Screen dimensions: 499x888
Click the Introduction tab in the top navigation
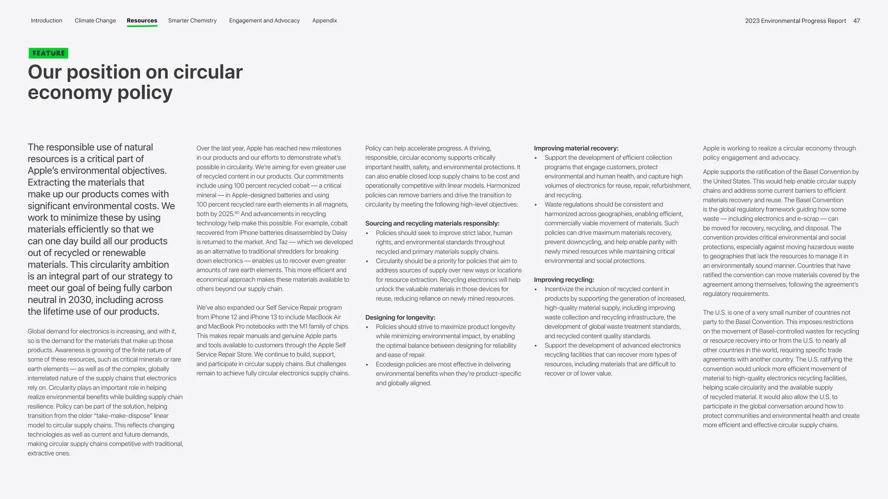tap(46, 21)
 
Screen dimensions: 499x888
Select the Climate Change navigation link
tap(95, 21)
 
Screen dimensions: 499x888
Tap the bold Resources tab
tap(142, 21)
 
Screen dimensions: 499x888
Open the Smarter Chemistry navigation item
tap(192, 21)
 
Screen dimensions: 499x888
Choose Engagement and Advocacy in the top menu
tap(264, 21)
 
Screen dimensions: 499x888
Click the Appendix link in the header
tap(324, 21)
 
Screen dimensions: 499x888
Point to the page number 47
tap(856, 21)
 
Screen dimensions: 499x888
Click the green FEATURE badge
tap(49, 53)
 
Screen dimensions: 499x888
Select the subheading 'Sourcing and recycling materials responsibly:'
tap(432, 224)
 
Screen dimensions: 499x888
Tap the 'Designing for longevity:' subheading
tap(400, 318)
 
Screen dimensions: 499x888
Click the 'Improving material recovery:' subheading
tap(576, 148)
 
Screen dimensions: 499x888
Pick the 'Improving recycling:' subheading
tap(564, 280)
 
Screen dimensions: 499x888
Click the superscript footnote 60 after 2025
tap(237, 212)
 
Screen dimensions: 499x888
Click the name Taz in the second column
tap(282, 242)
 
